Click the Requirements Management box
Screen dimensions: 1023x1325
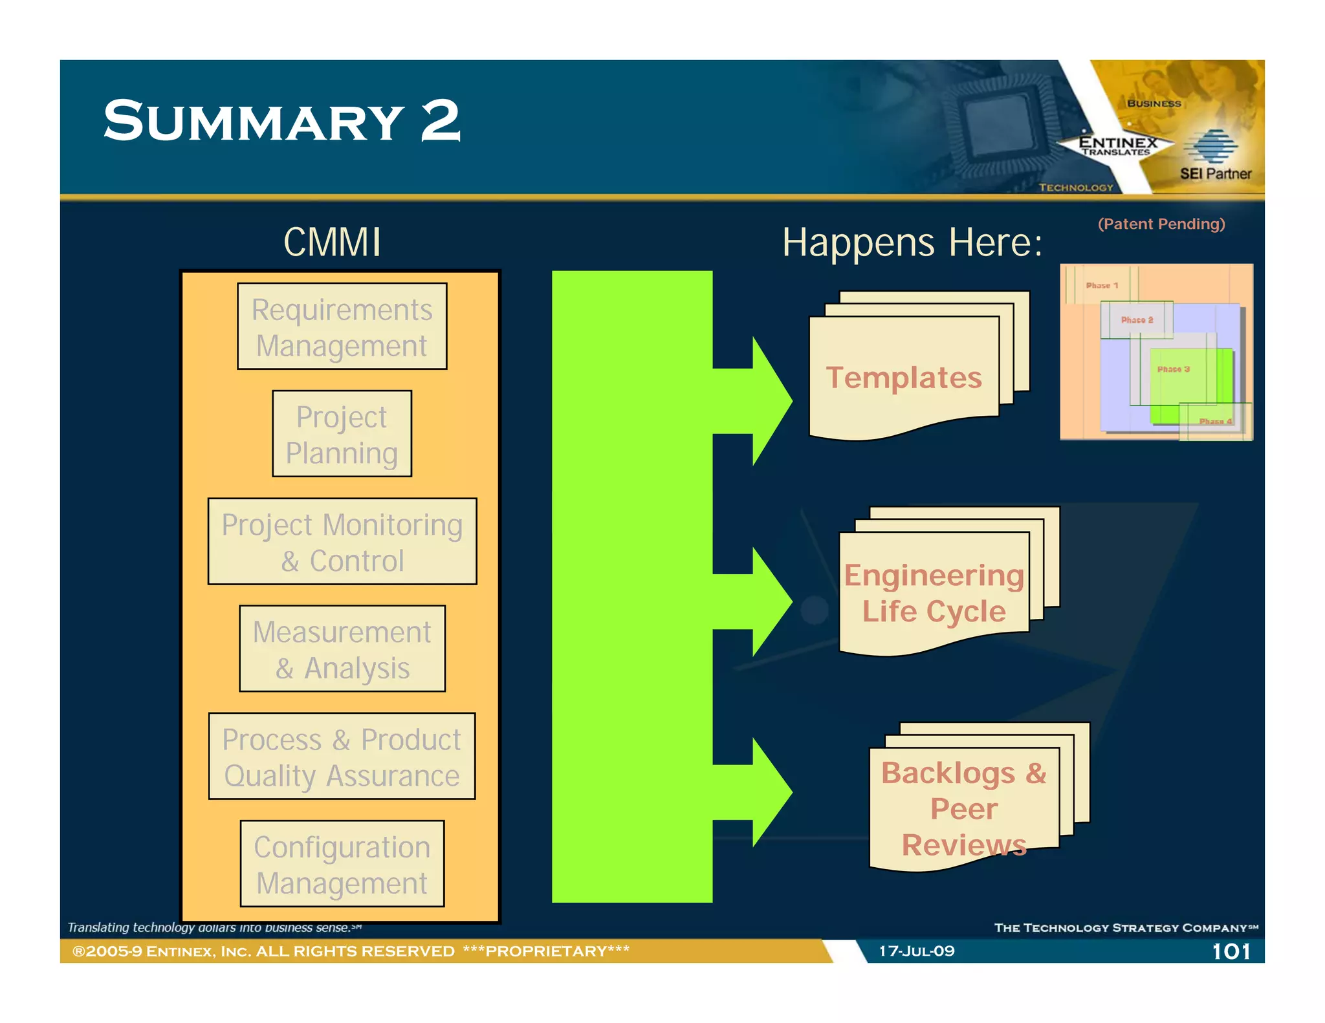pyautogui.click(x=342, y=327)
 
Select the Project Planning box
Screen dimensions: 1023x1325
pyautogui.click(x=342, y=434)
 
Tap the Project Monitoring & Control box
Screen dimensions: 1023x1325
pyautogui.click(x=342, y=542)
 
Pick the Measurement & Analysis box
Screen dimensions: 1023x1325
pyautogui.click(x=342, y=649)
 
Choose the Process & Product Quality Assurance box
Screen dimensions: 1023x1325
pyautogui.click(x=342, y=757)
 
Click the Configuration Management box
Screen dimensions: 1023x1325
pyautogui.click(x=342, y=864)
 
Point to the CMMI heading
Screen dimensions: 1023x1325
pyautogui.click(x=332, y=242)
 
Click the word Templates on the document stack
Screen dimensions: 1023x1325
pyautogui.click(x=904, y=378)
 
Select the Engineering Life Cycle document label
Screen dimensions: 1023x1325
pyautogui.click(x=934, y=593)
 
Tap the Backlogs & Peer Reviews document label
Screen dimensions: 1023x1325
pyautogui.click(x=963, y=808)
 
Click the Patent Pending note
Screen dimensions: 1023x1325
pyautogui.click(x=1161, y=224)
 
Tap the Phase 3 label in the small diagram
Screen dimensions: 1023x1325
pyautogui.click(x=1173, y=369)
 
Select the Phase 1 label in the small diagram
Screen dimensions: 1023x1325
pyautogui.click(x=1102, y=285)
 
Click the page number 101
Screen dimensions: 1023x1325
pyautogui.click(x=1231, y=951)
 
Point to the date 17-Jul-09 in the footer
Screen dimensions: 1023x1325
pyautogui.click(x=916, y=951)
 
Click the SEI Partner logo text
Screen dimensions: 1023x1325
pyautogui.click(x=1215, y=173)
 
